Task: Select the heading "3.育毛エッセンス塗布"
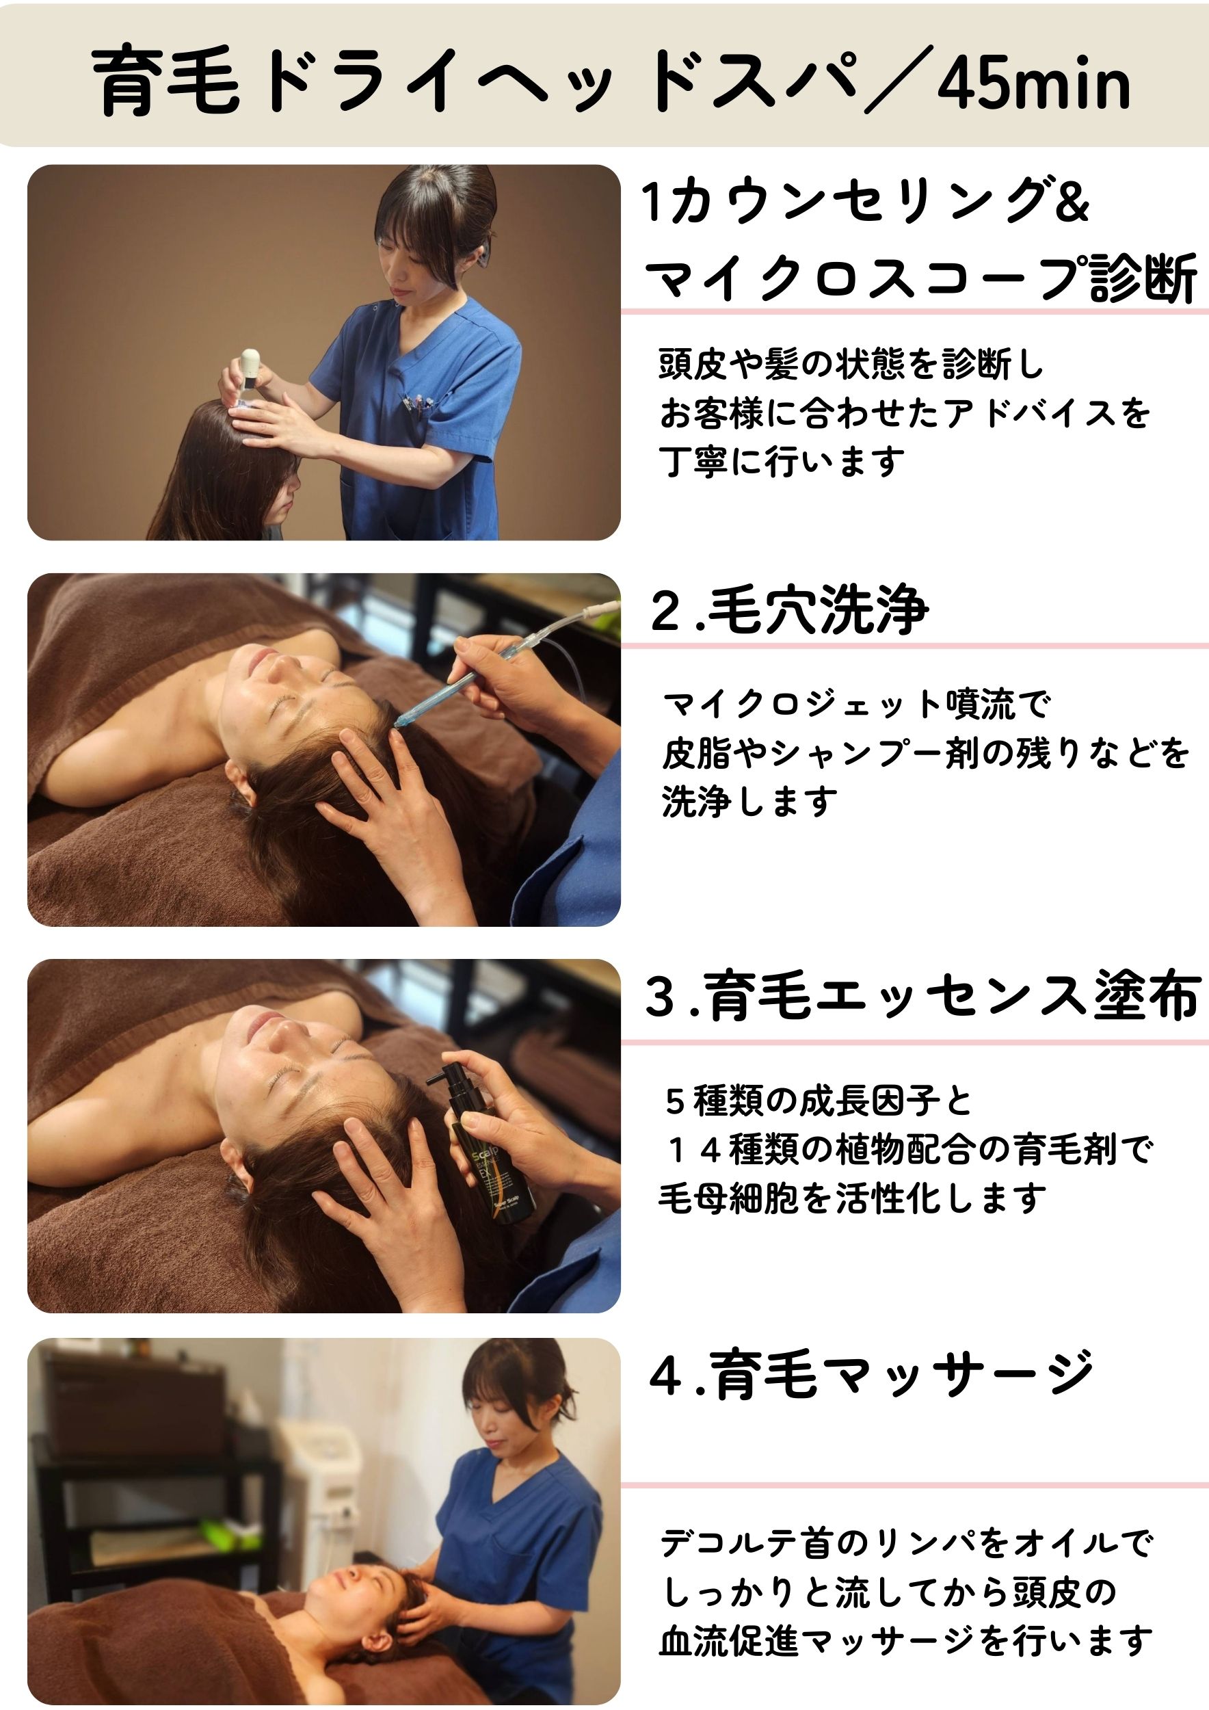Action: point(922,996)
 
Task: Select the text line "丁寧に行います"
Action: point(782,462)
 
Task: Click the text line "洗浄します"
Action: point(749,802)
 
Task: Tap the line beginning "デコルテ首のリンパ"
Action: point(905,1542)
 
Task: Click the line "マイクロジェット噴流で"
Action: point(856,705)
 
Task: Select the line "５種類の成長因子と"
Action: point(819,1101)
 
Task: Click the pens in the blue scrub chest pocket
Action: point(418,403)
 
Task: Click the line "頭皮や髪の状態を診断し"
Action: point(851,363)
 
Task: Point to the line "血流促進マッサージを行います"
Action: point(905,1642)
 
